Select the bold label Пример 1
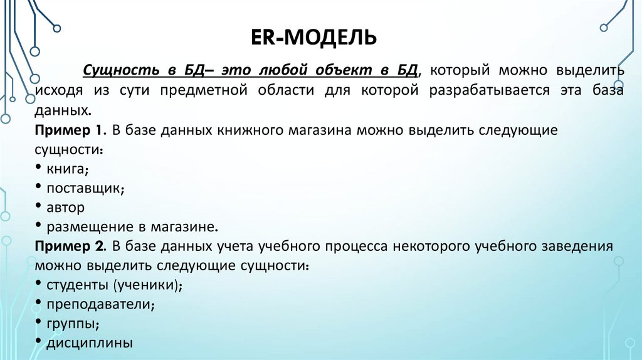pos(70,130)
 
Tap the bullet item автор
pos(65,206)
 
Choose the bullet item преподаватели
pos(100,304)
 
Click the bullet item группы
pos(71,324)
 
